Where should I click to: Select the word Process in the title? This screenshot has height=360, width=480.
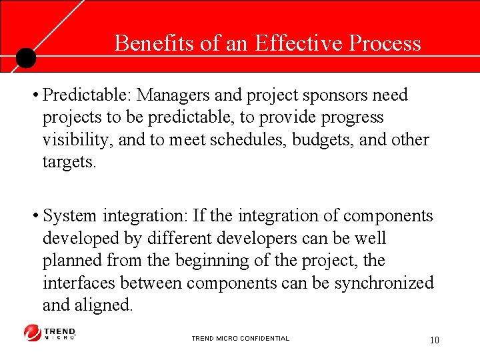pos(385,43)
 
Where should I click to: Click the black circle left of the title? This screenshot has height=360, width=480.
pos(25,58)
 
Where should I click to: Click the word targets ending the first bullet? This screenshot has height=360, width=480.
pos(69,163)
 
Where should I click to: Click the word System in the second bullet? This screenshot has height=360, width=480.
pos(69,216)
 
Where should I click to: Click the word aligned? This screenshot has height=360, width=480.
pos(107,306)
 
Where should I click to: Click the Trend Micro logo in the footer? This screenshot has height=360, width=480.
pos(50,333)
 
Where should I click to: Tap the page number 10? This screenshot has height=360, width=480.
pos(434,341)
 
